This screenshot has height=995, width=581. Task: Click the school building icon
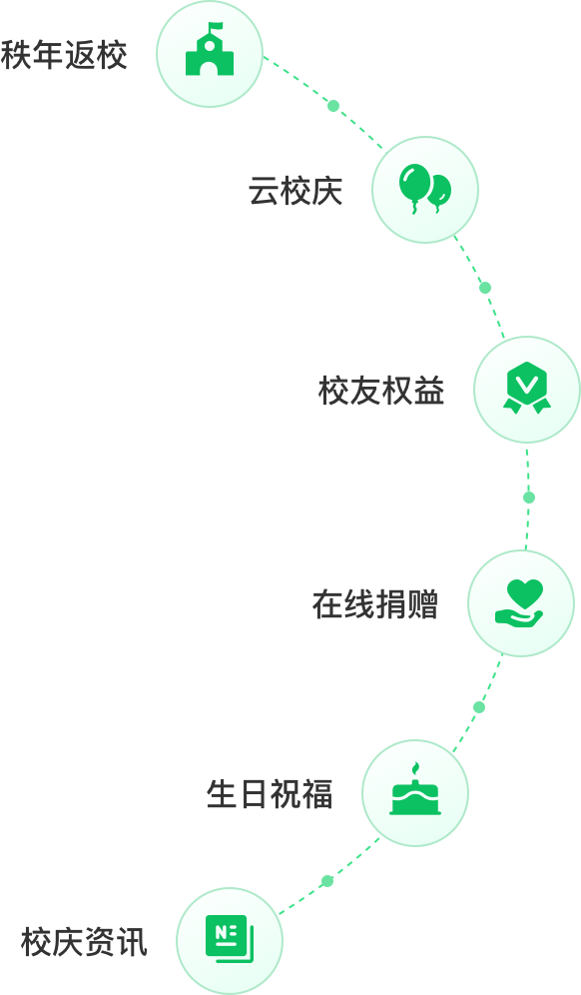[210, 50]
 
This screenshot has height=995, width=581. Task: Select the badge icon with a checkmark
[527, 388]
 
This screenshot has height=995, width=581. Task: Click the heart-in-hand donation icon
[519, 603]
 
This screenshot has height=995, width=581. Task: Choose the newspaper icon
[229, 940]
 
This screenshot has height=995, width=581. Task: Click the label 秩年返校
[64, 55]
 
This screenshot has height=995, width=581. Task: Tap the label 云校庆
[295, 191]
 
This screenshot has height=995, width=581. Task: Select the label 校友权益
[381, 391]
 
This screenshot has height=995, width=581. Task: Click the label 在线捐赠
[375, 604]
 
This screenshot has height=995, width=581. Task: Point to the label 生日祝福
[270, 794]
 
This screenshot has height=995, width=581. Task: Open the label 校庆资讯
[85, 942]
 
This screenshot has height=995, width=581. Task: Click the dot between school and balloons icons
[333, 106]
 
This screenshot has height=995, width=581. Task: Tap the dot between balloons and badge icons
[485, 288]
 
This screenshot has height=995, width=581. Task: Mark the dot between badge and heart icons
[529, 497]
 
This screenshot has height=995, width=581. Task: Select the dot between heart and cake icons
[479, 707]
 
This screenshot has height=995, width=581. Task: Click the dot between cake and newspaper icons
[327, 881]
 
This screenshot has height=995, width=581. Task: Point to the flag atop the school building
[217, 27]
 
